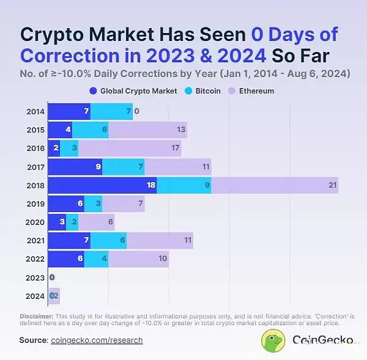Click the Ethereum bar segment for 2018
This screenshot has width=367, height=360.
[x=275, y=185]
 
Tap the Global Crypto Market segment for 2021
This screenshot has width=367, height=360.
[x=69, y=241]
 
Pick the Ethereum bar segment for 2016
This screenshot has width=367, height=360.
[x=130, y=148]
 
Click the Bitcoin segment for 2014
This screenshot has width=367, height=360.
[x=111, y=111]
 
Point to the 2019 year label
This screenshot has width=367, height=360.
[x=35, y=204]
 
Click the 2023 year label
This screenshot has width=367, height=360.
[x=35, y=277]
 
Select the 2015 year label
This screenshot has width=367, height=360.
[x=35, y=130]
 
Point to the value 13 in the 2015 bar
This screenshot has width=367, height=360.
[x=181, y=130]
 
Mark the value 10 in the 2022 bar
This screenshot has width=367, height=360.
[x=163, y=259]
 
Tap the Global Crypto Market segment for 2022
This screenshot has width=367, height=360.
[x=65, y=259]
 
